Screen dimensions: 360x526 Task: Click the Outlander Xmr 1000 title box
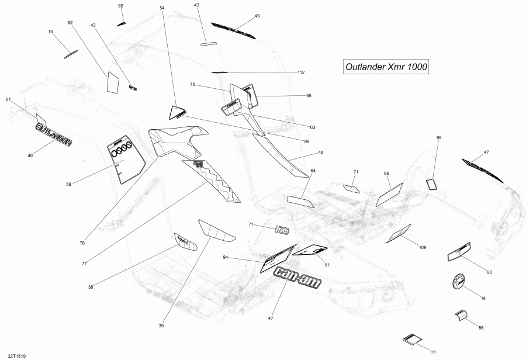[385, 67]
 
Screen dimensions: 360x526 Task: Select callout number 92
[121, 6]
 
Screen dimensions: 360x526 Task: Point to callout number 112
[301, 72]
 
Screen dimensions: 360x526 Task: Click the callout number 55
[309, 95]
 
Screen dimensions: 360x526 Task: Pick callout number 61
[8, 99]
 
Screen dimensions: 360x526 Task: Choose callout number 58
[69, 184]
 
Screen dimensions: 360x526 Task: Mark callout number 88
[438, 137]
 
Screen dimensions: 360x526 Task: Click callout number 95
[386, 174]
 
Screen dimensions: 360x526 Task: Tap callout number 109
[422, 248]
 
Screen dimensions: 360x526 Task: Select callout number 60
[489, 272]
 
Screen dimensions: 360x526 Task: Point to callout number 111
[432, 352]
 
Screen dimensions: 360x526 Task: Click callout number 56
[481, 328]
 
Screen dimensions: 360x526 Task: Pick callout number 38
[91, 286]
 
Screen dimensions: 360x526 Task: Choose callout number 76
[82, 243]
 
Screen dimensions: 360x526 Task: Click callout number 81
[327, 265]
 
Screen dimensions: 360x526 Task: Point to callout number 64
[313, 171]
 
